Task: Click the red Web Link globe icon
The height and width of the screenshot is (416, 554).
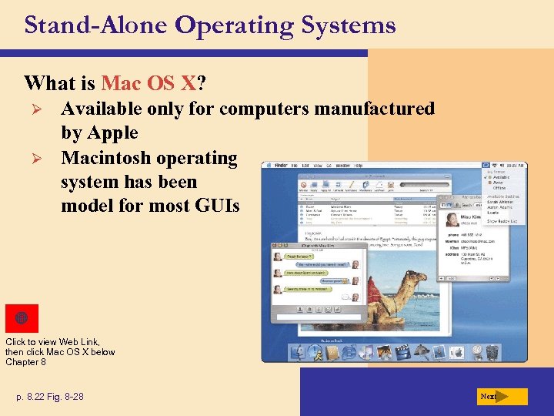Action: (22, 318)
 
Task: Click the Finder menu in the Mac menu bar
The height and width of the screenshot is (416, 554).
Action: (273, 166)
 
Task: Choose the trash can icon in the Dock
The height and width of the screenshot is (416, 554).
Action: (492, 352)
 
